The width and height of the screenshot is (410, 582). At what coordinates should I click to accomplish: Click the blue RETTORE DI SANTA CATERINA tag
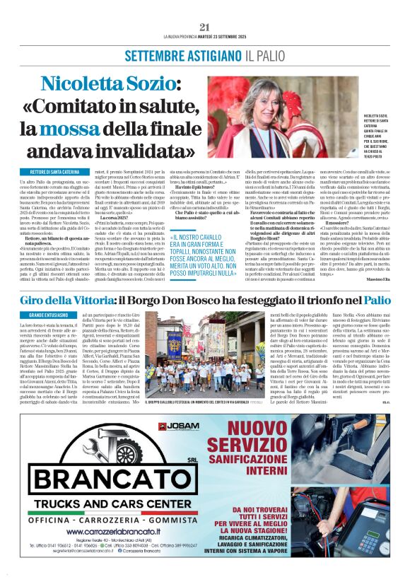54,172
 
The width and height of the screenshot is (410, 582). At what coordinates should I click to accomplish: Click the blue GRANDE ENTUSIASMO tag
45,314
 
